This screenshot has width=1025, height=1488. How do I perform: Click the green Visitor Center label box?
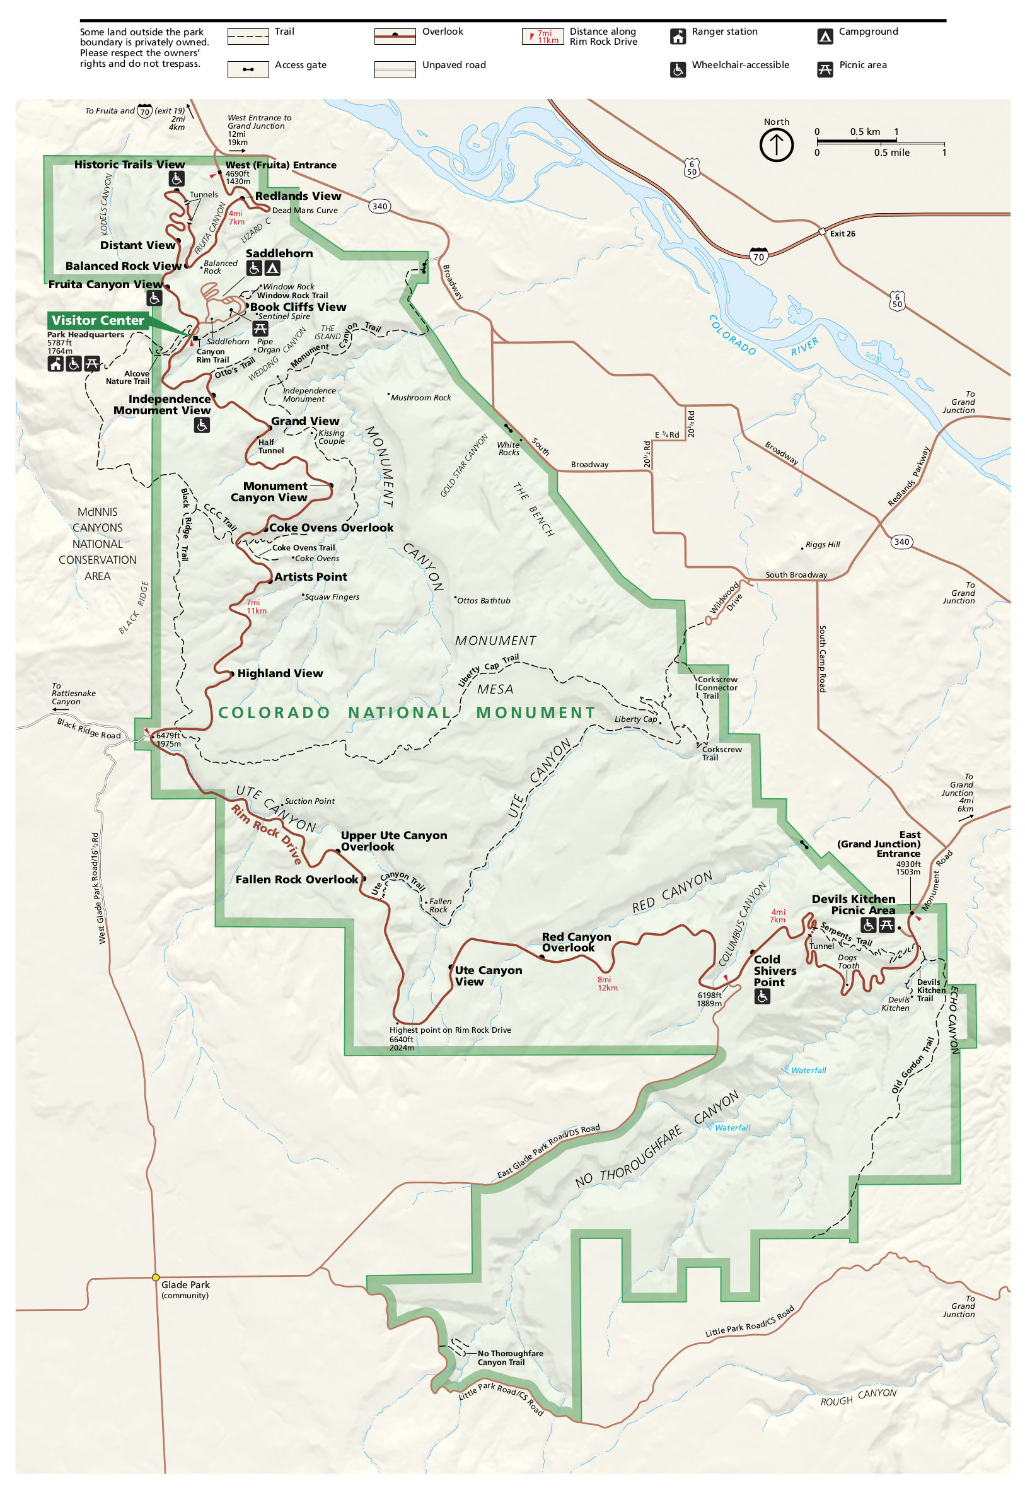[98, 320]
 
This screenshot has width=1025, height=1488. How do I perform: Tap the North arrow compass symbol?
[776, 144]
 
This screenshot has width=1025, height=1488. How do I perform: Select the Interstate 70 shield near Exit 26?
[758, 255]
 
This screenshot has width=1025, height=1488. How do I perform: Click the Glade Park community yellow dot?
[156, 1277]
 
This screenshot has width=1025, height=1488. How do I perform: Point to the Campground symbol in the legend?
[825, 37]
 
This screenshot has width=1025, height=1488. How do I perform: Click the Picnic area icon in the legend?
[825, 69]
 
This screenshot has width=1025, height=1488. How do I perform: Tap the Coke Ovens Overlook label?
[331, 527]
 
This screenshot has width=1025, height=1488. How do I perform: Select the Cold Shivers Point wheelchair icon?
[762, 996]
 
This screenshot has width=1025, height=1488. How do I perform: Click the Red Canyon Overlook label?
[576, 941]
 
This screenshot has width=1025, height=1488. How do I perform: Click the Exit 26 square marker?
[821, 232]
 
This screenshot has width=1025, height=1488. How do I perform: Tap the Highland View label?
[280, 673]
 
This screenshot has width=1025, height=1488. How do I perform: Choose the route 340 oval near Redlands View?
[379, 206]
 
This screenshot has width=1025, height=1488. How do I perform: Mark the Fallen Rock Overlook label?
[296, 879]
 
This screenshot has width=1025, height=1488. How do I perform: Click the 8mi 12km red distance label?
[607, 983]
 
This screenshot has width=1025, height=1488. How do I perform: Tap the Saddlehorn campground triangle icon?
[272, 269]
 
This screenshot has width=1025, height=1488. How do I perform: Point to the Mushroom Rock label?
[420, 397]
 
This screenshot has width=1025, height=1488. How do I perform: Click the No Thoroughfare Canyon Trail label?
[510, 1357]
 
